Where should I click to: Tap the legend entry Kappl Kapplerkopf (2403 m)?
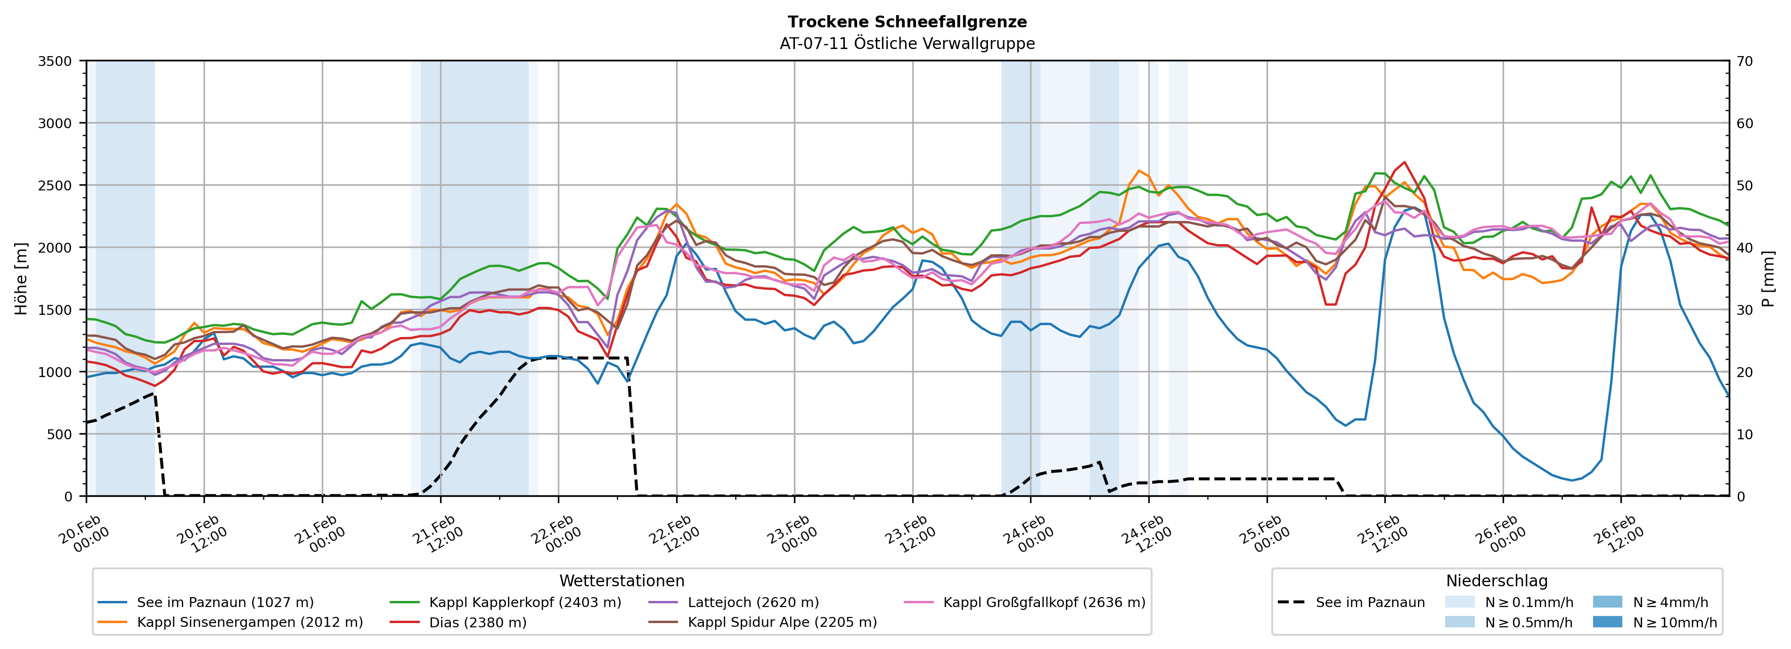525,602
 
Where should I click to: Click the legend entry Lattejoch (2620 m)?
753,602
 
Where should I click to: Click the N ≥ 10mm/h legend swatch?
1607,622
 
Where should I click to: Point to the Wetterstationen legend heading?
622,581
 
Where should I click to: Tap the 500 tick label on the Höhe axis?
58,435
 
